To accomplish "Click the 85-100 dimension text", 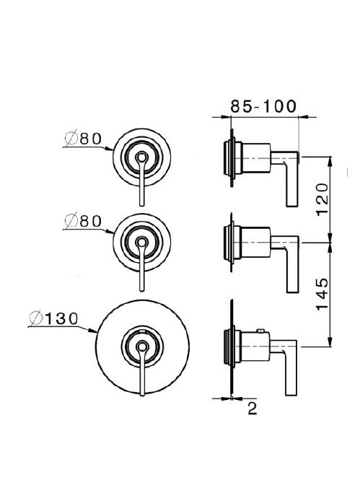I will click(263, 105).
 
